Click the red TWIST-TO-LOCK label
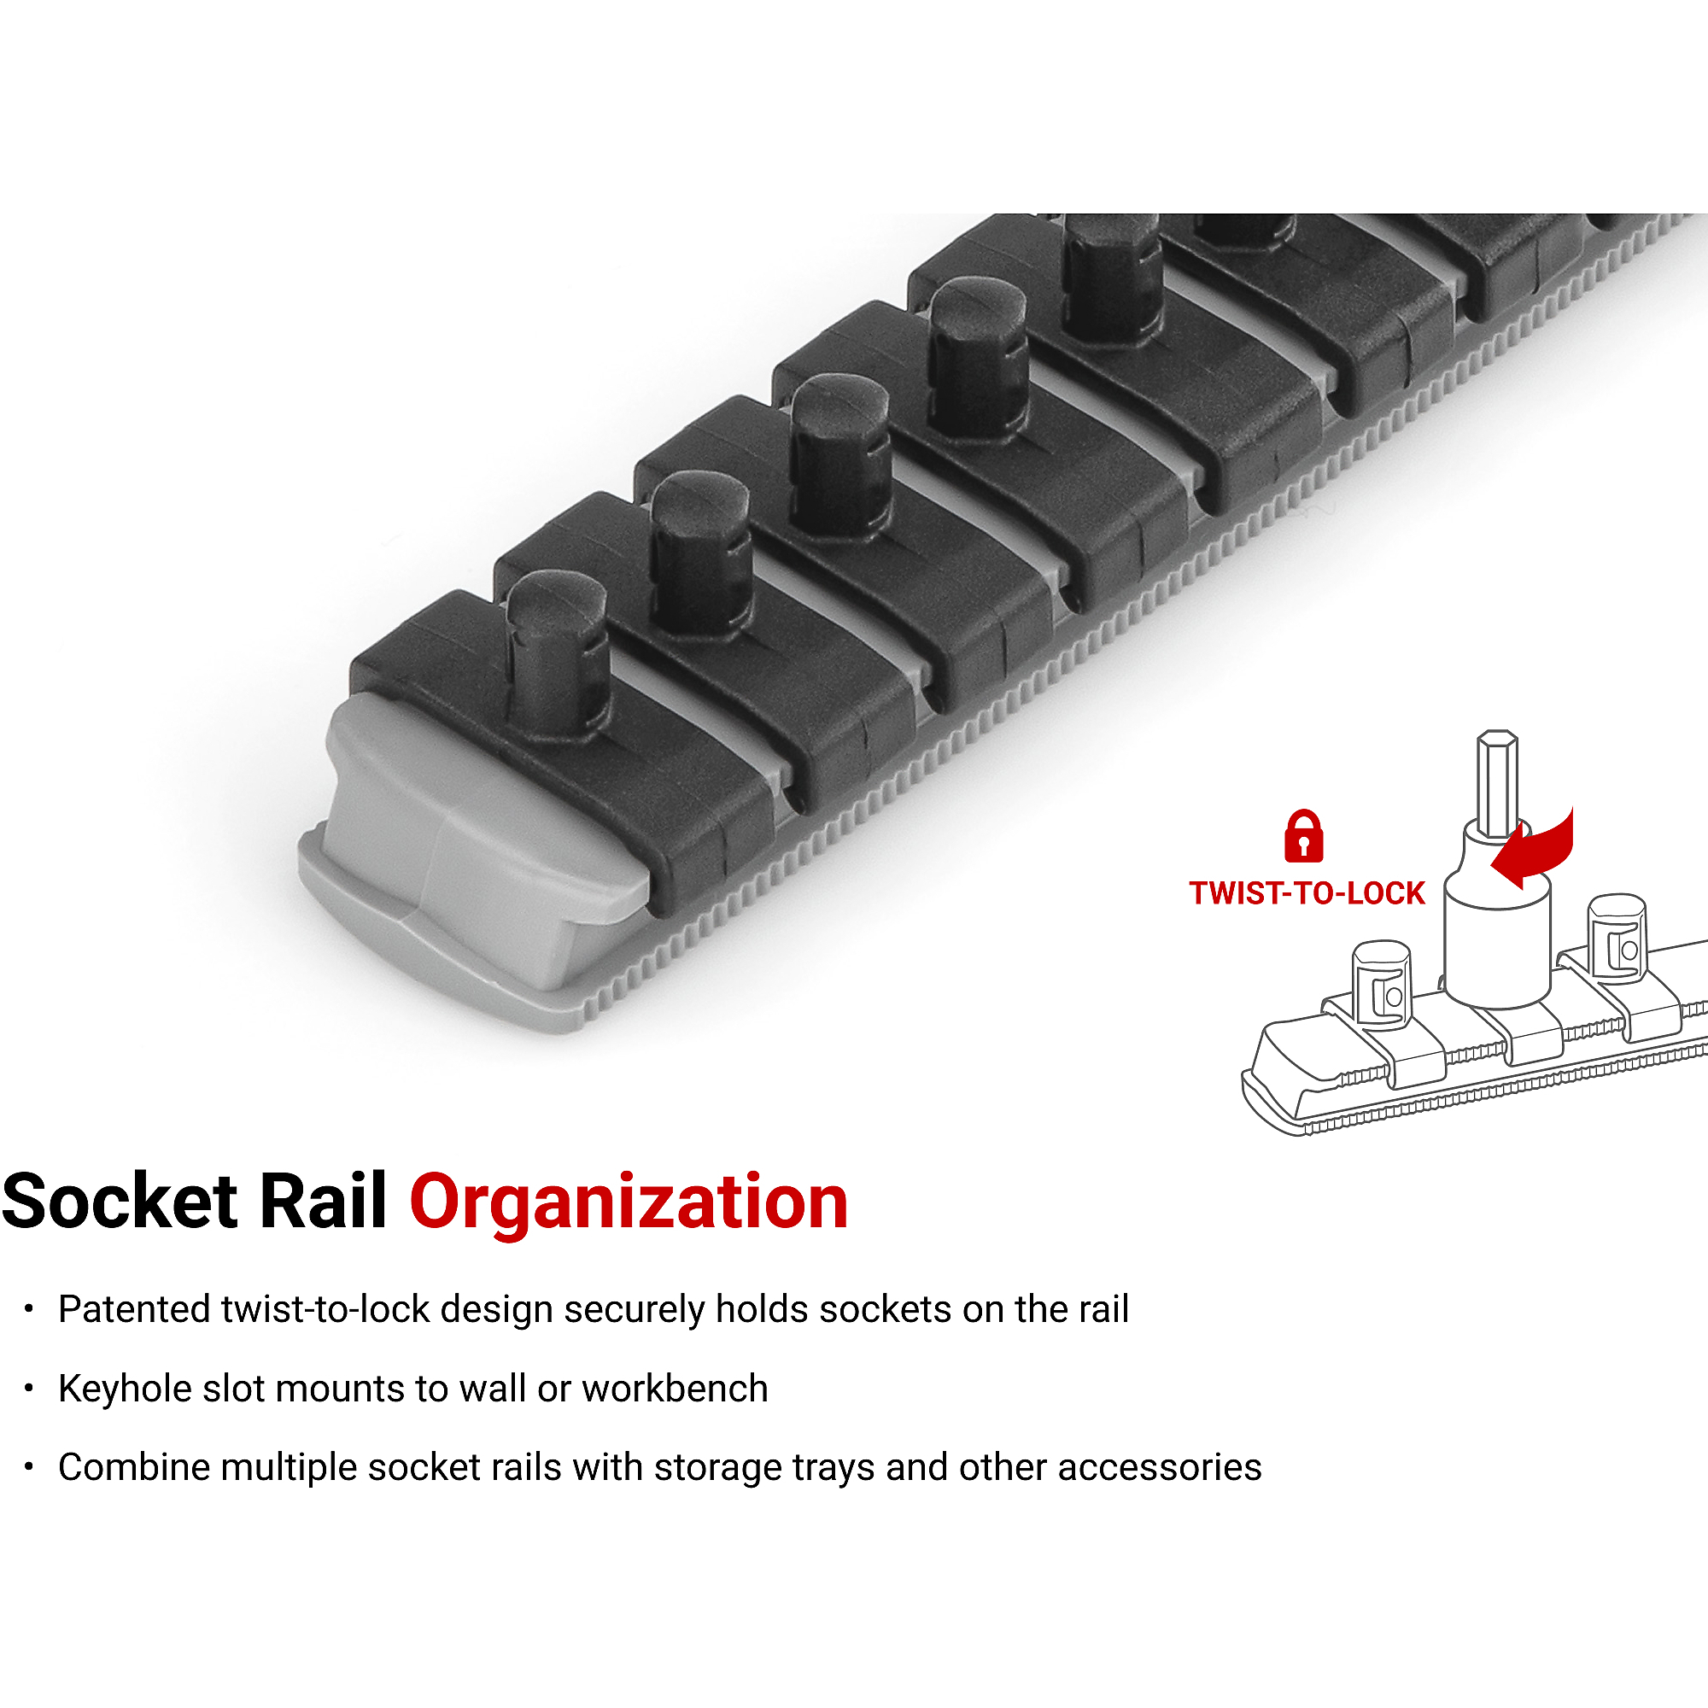[x=1307, y=893]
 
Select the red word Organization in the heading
[x=629, y=1202]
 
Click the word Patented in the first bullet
[x=133, y=1309]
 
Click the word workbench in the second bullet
[x=675, y=1389]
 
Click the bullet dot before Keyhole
[x=29, y=1389]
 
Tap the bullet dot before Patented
[x=29, y=1309]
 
